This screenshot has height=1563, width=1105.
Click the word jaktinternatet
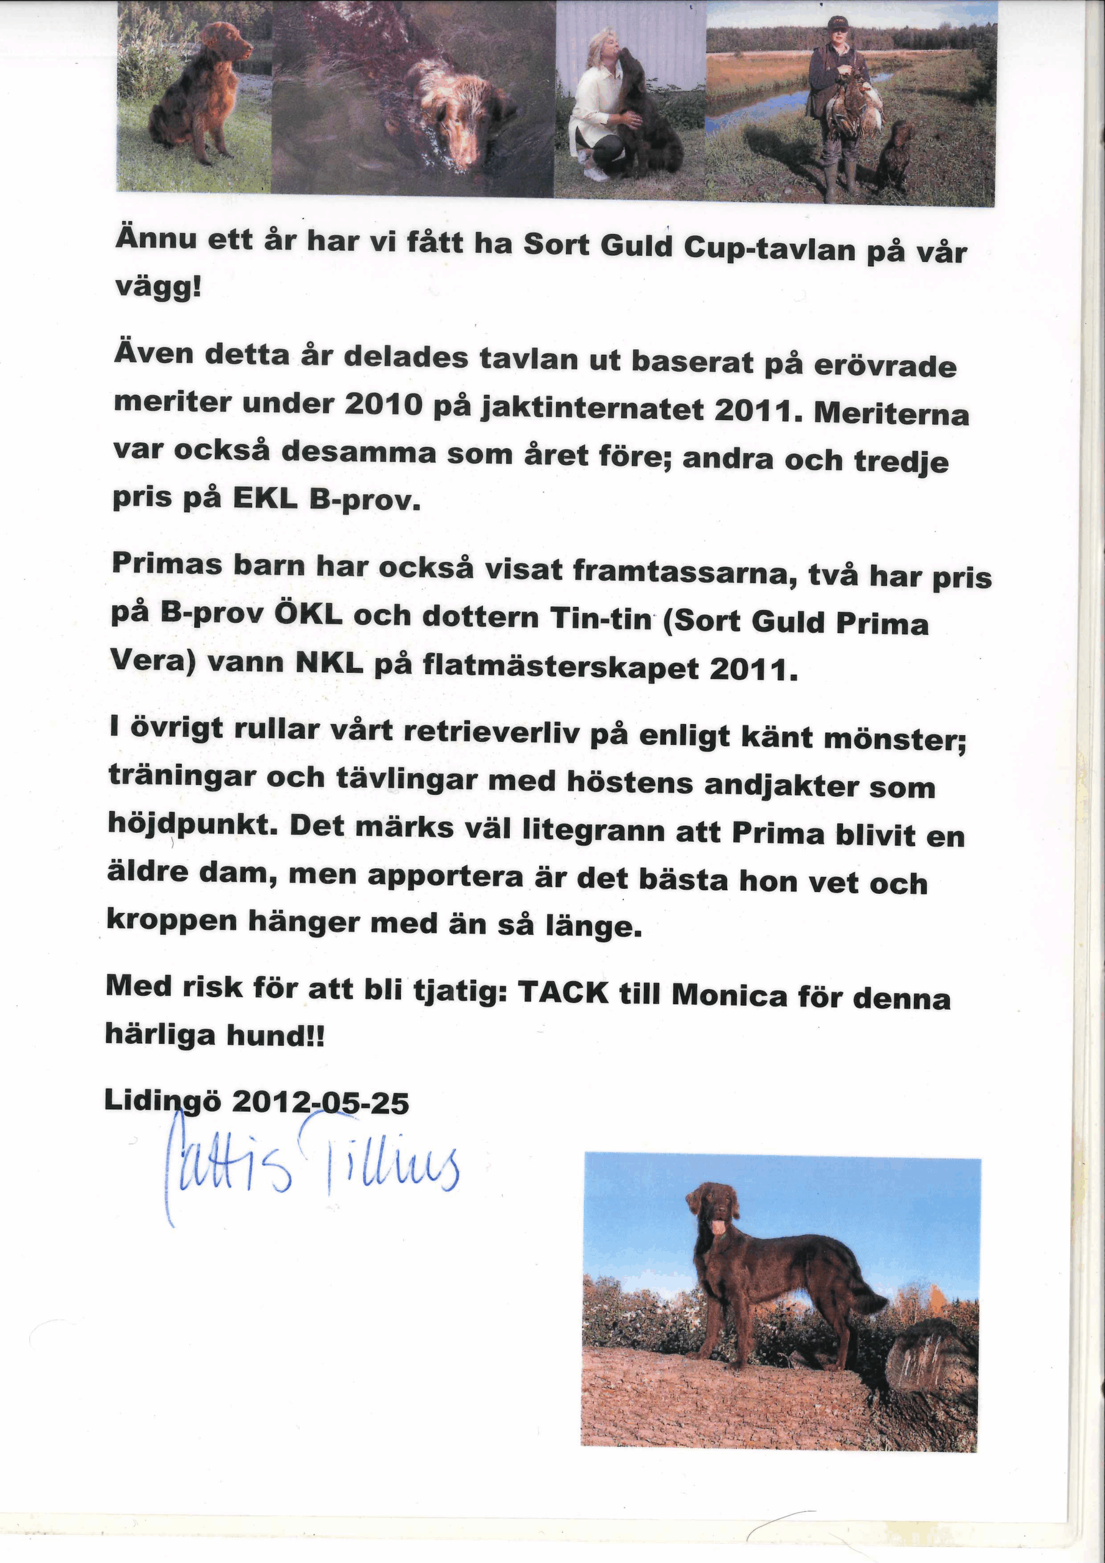coord(592,408)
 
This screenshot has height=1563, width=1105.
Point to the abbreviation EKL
coord(265,499)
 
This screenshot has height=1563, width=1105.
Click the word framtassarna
coord(684,572)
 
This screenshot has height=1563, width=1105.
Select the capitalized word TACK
coord(562,993)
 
